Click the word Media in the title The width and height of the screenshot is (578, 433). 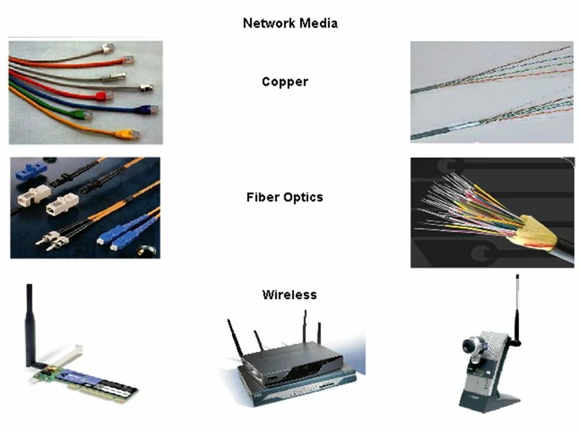tap(317, 23)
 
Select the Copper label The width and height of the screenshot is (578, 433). tap(285, 82)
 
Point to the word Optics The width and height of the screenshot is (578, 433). tap(303, 197)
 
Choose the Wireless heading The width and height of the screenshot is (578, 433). tap(289, 295)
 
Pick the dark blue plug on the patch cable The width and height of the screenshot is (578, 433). tap(145, 110)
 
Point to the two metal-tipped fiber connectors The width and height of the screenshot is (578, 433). tap(51, 238)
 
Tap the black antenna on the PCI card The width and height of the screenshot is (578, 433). tap(29, 325)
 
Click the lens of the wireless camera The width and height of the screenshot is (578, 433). tap(470, 346)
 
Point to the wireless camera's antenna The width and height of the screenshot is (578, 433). tap(517, 307)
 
